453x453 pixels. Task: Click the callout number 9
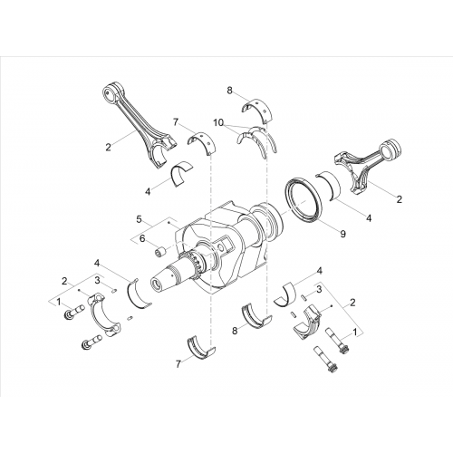(342, 234)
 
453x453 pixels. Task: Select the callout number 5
(139, 219)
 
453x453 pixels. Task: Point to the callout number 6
(142, 239)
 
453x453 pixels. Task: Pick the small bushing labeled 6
(161, 251)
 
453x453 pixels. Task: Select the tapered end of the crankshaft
(165, 277)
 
